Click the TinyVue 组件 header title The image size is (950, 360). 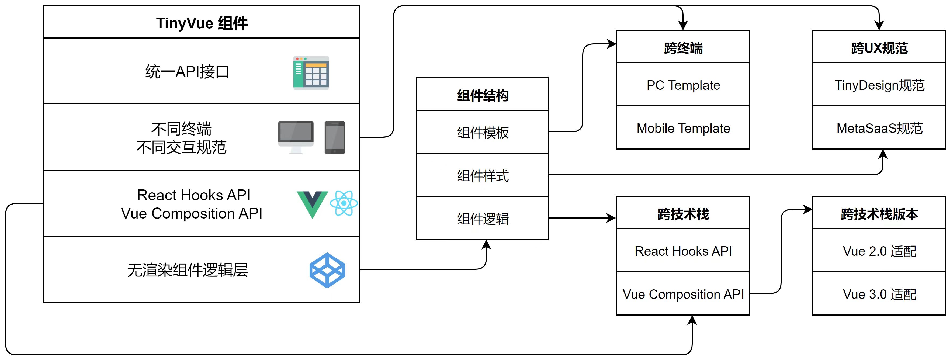[202, 23]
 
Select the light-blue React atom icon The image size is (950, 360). [344, 203]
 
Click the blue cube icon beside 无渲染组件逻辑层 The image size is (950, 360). [327, 270]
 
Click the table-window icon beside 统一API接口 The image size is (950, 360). [311, 73]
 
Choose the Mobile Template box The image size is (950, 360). [683, 128]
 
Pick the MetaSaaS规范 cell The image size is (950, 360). [879, 128]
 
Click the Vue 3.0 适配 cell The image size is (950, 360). [879, 294]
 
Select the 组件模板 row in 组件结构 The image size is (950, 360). [482, 132]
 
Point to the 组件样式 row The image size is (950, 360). [482, 175]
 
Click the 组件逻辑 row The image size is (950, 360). [482, 218]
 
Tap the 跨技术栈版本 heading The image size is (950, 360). [879, 214]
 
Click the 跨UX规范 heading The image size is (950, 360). [879, 48]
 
